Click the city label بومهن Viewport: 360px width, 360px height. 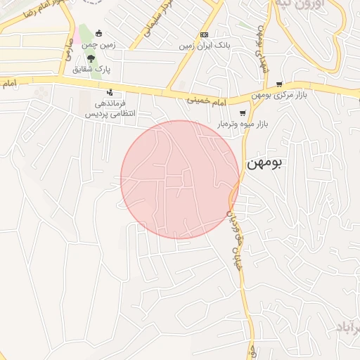[x=265, y=163]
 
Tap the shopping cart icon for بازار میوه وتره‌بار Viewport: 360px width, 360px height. [x=243, y=113]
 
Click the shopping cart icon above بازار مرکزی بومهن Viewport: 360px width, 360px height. [x=279, y=84]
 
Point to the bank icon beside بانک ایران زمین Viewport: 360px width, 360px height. [x=204, y=34]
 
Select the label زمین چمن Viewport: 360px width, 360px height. [x=101, y=44]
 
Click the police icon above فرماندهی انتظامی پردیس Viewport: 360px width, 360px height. [x=110, y=91]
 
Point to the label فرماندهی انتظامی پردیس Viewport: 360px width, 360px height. [x=110, y=108]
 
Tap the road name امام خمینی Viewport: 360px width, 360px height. [x=207, y=101]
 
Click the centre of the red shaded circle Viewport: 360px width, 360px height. [x=180, y=180]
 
